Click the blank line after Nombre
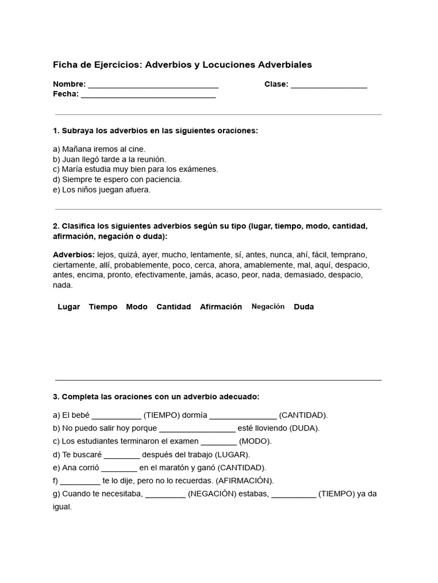153,85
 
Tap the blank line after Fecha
148,96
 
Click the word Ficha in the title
64,65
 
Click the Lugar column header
69,307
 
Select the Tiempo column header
103,307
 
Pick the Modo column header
136,307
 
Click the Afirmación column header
221,307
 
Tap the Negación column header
268,306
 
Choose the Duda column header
304,307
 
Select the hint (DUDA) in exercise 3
305,428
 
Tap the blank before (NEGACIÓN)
165,495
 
